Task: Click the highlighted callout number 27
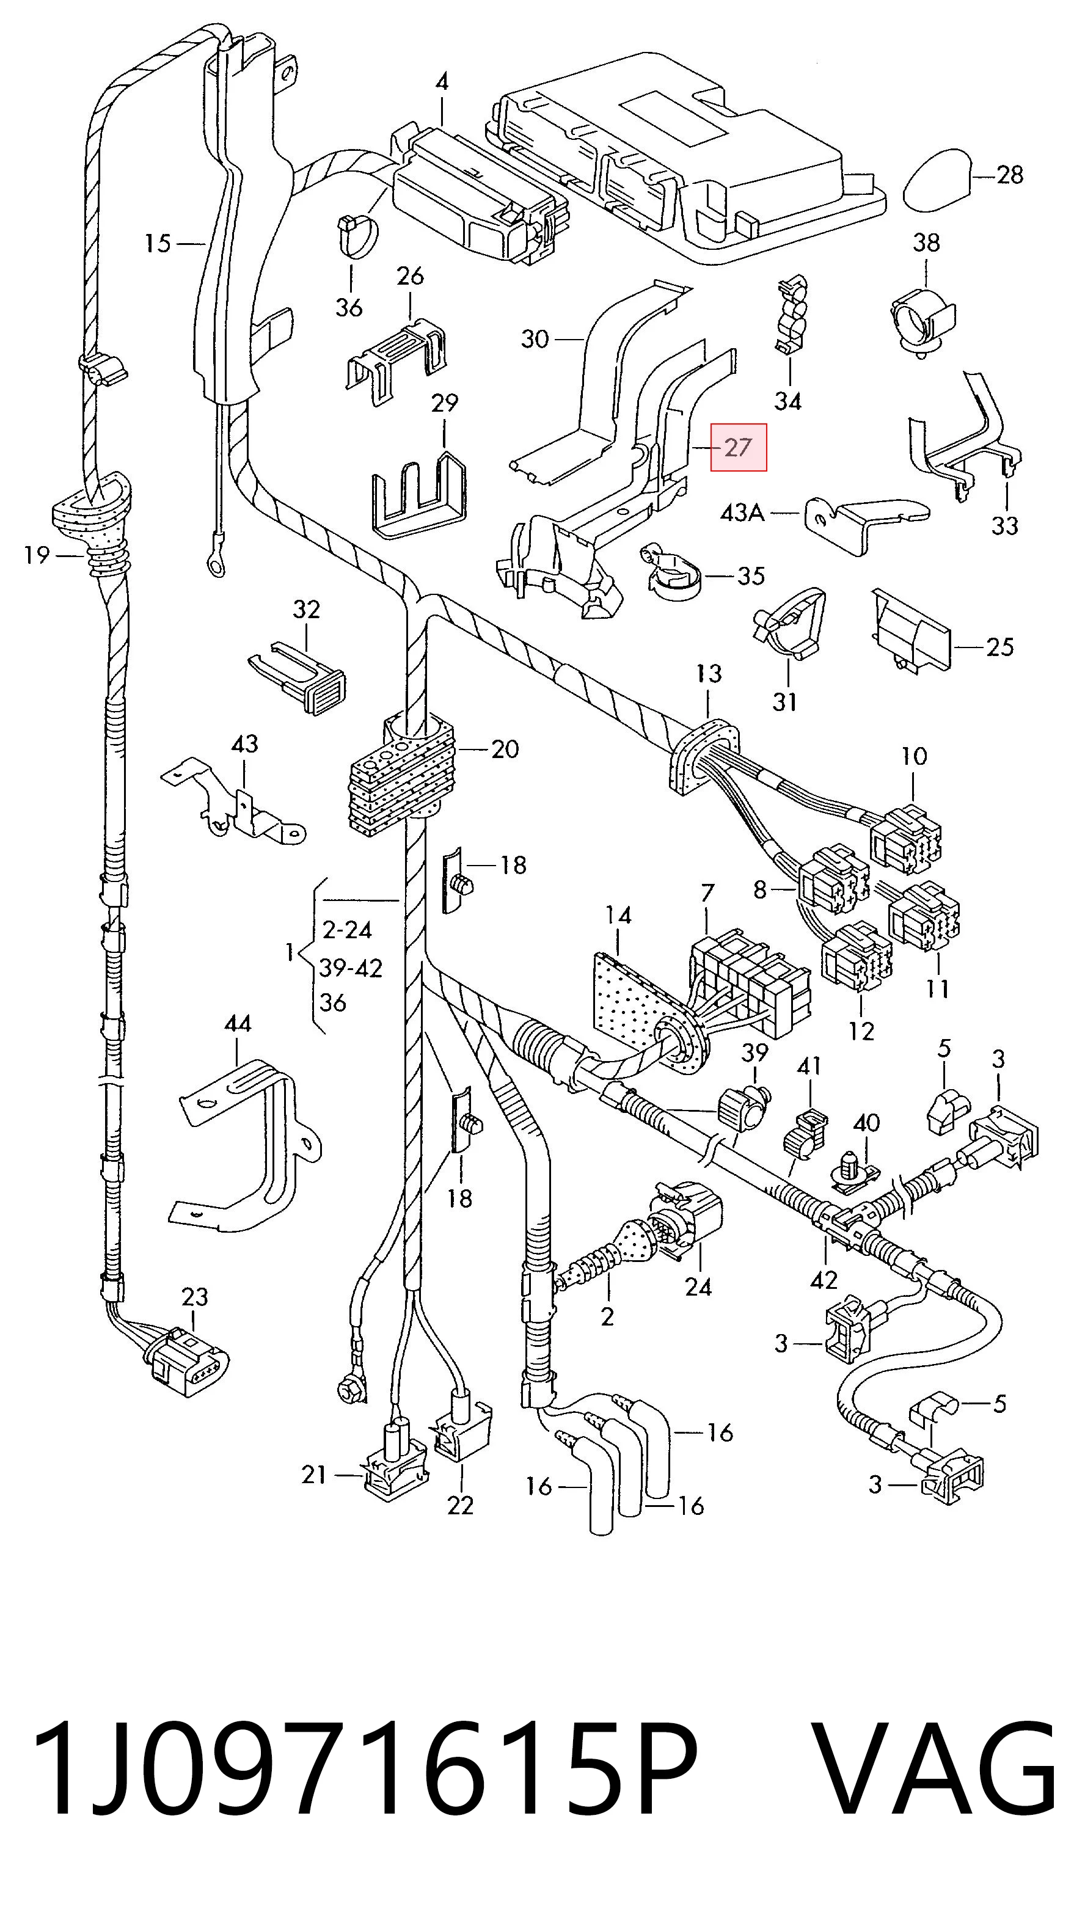pos(738,447)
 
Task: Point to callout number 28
pos(1009,175)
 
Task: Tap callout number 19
pos(36,555)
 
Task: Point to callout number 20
pos(505,748)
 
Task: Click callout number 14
pos(618,915)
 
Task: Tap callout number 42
pos(824,1279)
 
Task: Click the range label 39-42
pos(351,968)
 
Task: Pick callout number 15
pos(158,243)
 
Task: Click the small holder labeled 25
pos(911,630)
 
